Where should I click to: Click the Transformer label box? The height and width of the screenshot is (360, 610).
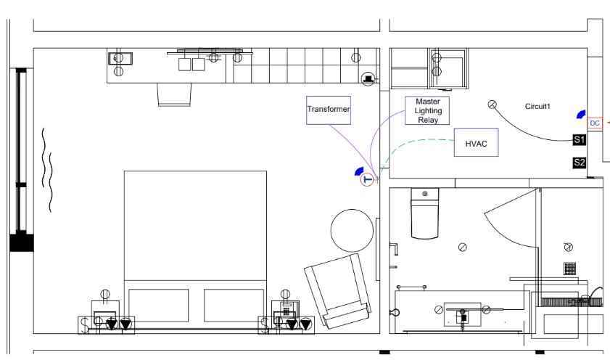click(x=329, y=110)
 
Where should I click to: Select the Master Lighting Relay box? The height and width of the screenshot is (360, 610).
click(x=427, y=110)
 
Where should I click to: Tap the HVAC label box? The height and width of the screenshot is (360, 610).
click(x=477, y=144)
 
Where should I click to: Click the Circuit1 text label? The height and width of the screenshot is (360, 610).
click(x=537, y=107)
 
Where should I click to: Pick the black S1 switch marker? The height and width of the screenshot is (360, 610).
click(x=579, y=139)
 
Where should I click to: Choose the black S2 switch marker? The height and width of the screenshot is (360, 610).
click(x=579, y=163)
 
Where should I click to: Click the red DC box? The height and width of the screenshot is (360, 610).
click(x=595, y=123)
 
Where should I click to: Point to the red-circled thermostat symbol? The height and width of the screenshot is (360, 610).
click(x=367, y=179)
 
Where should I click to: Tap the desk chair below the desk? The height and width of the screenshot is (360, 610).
click(x=175, y=94)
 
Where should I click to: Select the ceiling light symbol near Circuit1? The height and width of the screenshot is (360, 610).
click(x=492, y=105)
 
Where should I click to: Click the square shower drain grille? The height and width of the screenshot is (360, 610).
click(x=569, y=268)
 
